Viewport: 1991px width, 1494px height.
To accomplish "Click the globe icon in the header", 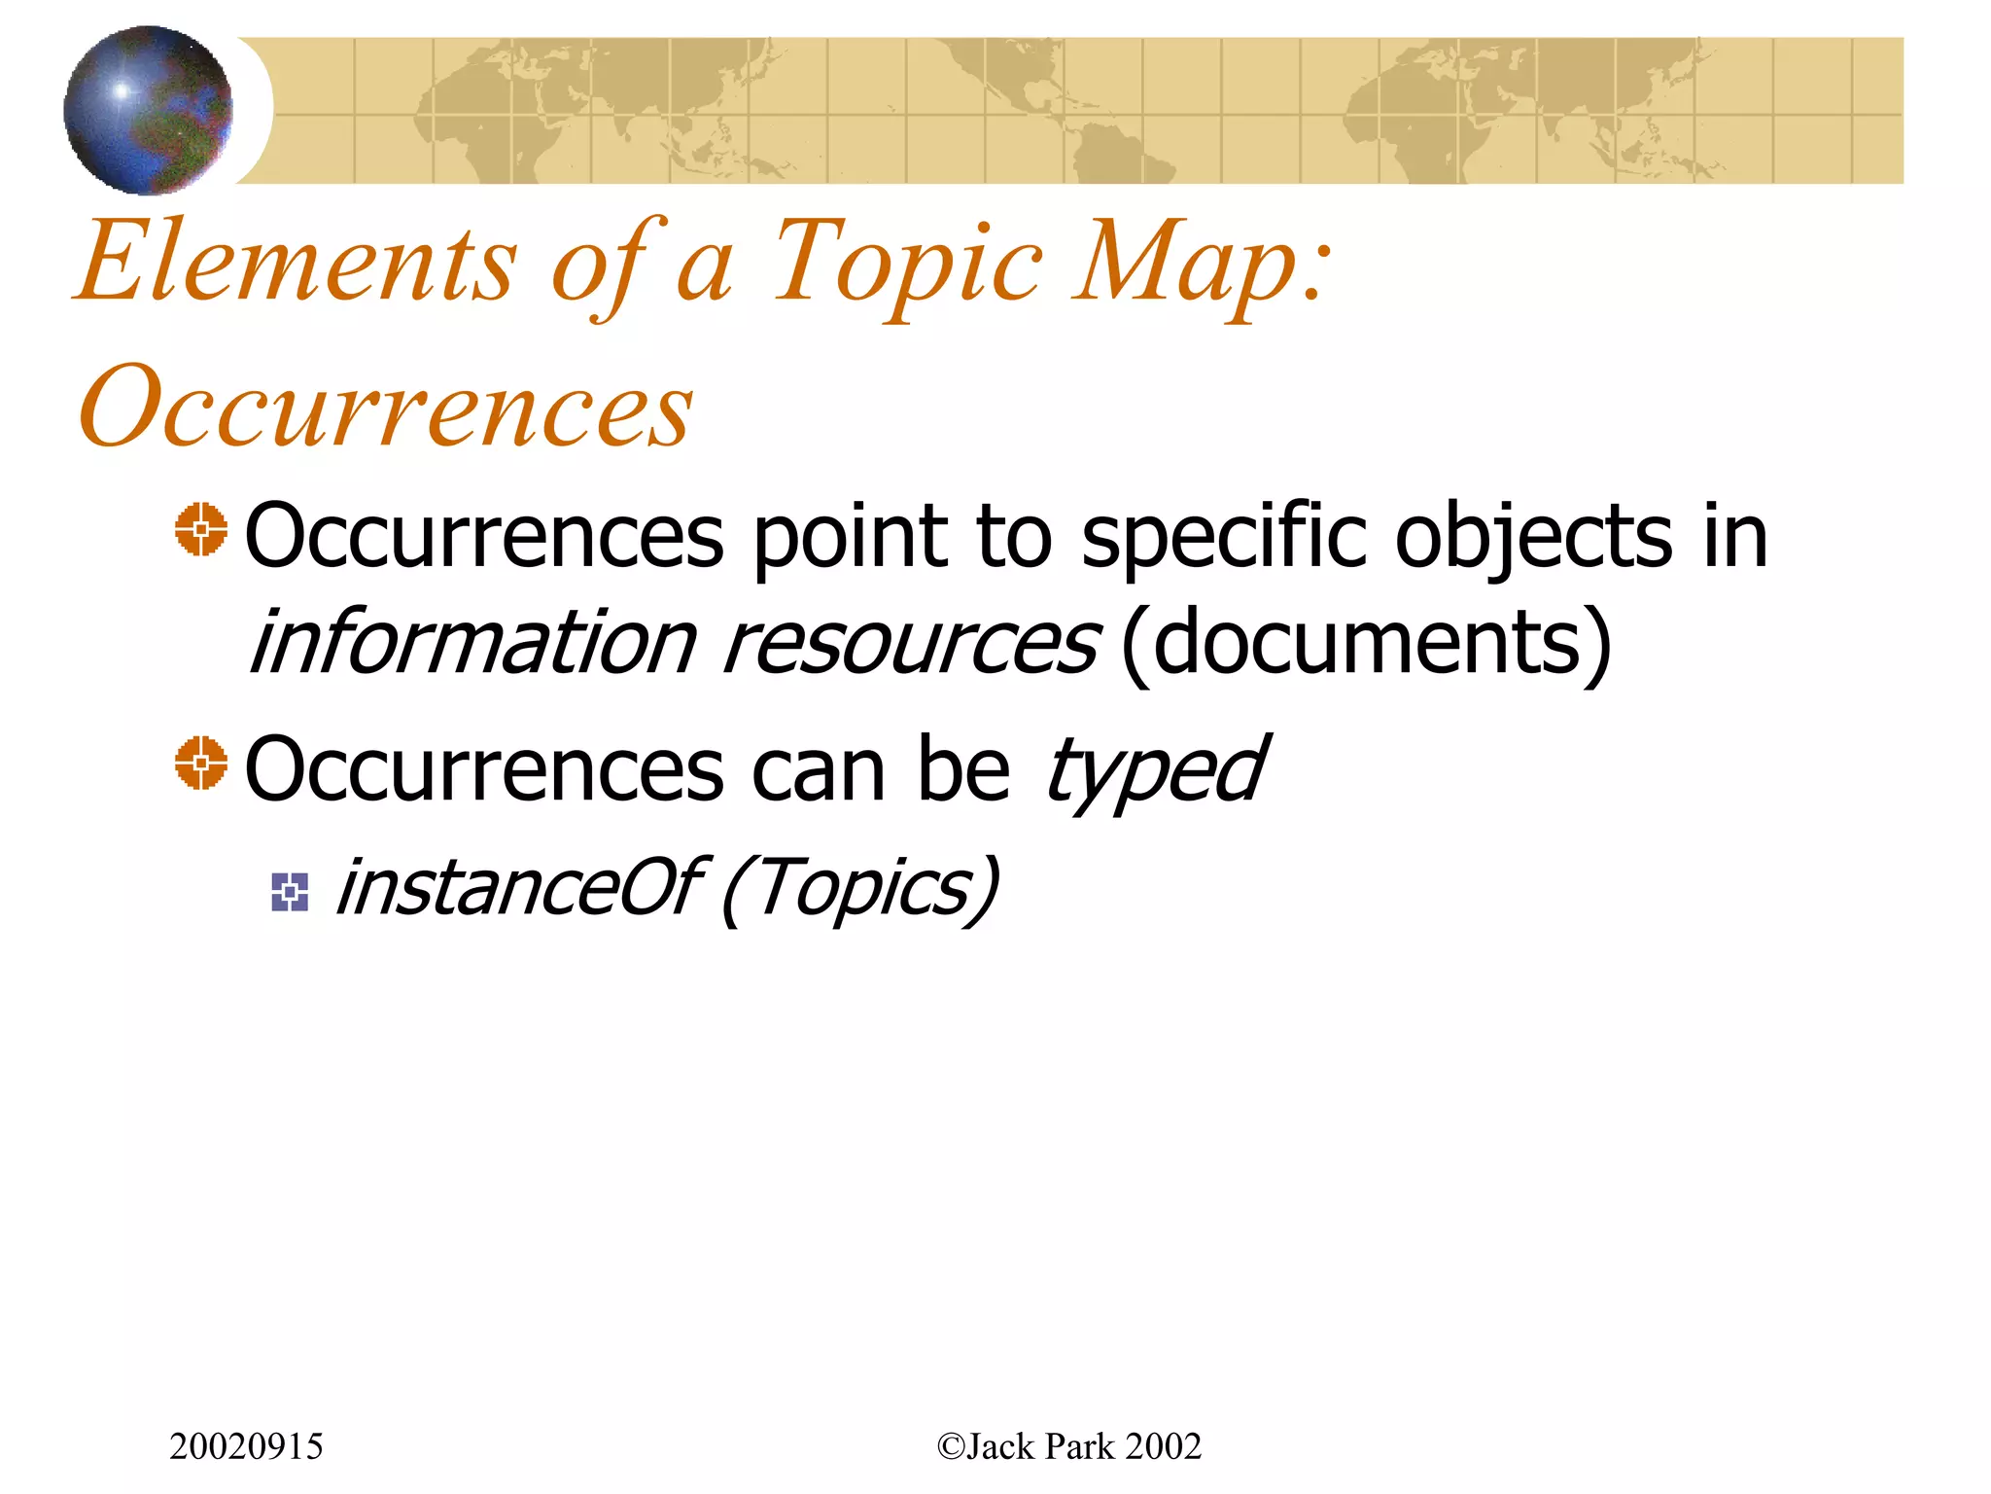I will tap(148, 110).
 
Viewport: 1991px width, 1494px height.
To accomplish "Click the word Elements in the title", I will tap(297, 261).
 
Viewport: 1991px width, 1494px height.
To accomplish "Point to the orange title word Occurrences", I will tap(386, 407).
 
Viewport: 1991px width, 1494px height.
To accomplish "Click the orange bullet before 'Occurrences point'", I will tap(201, 530).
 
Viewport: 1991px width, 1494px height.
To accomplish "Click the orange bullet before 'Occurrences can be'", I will tap(201, 763).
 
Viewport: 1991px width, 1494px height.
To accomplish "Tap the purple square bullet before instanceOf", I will tap(290, 892).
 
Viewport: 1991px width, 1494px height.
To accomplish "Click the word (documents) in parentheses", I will tap(1366, 644).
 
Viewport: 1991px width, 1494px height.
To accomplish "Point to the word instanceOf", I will tap(517, 887).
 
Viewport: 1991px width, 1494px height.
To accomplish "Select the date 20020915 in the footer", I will tap(246, 1446).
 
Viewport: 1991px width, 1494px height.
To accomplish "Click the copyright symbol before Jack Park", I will tap(950, 1446).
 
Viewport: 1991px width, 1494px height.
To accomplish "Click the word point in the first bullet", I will tap(850, 537).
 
